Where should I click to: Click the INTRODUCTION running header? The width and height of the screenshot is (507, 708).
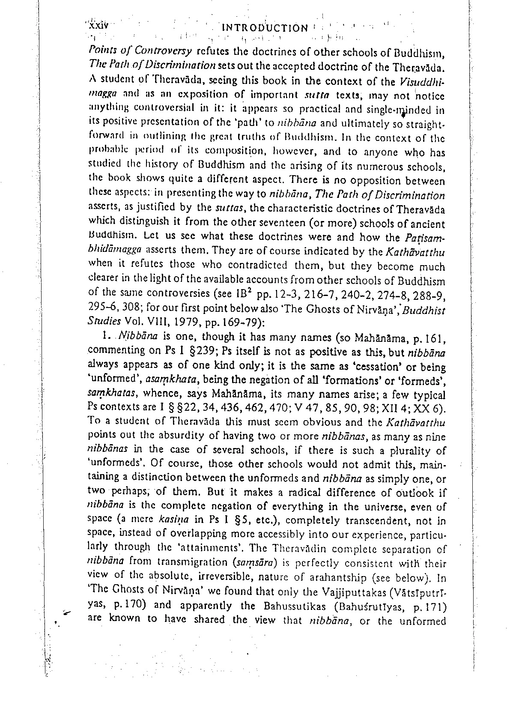pos(265,28)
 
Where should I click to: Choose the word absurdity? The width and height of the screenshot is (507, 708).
pos(182,436)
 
